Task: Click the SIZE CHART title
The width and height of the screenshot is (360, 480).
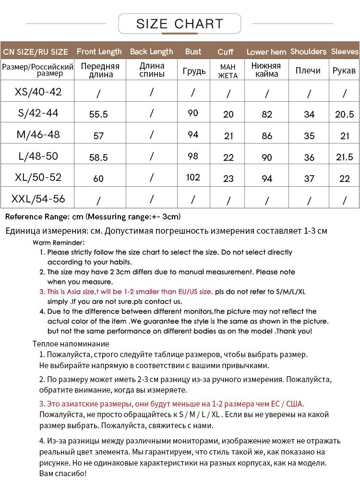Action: point(180,24)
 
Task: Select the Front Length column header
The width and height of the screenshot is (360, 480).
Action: point(99,51)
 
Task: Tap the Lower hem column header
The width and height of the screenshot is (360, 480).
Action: point(266,52)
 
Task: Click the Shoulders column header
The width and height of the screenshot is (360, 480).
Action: point(308,51)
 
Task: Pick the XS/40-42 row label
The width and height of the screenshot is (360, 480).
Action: point(38,92)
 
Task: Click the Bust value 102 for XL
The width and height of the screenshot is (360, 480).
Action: point(193,177)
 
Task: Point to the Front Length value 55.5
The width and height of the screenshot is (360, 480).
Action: point(98,114)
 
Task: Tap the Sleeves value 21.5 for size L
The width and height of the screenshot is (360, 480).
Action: point(344,157)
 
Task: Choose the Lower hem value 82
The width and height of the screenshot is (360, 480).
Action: point(267,114)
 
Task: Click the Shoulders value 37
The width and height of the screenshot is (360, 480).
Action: point(309,178)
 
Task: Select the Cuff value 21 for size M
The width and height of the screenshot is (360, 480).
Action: point(228,136)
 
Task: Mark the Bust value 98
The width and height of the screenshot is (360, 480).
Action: point(193,156)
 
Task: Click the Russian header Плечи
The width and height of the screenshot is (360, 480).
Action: point(308,71)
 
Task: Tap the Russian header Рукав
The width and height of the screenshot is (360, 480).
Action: point(344,71)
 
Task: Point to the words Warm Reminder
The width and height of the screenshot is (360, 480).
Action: point(59,242)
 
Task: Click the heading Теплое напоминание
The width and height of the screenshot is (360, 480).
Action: point(71,344)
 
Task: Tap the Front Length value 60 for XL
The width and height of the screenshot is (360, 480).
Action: point(98,179)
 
